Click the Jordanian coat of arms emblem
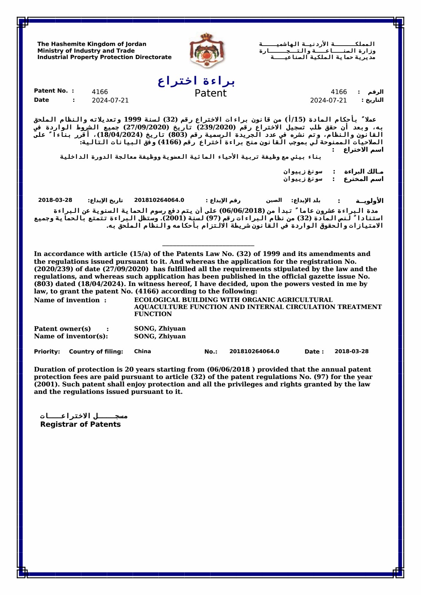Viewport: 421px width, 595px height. pos(207,50)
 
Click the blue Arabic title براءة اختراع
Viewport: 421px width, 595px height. pos(196,81)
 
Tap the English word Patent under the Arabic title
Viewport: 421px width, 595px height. pos(210,93)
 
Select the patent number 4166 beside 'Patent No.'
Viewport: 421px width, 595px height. pos(100,92)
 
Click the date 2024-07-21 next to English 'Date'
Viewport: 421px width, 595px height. pos(110,100)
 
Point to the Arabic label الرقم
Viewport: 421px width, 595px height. pos(375,92)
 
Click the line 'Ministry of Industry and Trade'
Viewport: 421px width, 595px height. pos(86,51)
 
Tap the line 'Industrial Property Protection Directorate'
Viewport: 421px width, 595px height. pos(104,57)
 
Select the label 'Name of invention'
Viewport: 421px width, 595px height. pos(67,300)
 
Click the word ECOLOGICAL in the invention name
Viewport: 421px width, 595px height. pos(157,300)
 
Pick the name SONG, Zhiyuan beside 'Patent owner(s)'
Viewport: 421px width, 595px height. pos(160,328)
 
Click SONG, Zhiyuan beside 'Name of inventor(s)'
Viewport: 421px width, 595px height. pos(160,336)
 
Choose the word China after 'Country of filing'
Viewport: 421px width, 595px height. pos(143,351)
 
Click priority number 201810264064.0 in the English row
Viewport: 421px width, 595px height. pos(254,351)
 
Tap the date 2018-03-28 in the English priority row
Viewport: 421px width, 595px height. pos(351,351)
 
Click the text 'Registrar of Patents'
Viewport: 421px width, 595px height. pos(80,424)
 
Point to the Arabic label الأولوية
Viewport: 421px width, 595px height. pos(369,201)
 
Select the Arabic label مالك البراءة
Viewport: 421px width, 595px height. pos(364,171)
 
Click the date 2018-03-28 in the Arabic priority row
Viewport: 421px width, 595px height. pos(55,200)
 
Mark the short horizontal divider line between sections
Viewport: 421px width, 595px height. pos(208,245)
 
